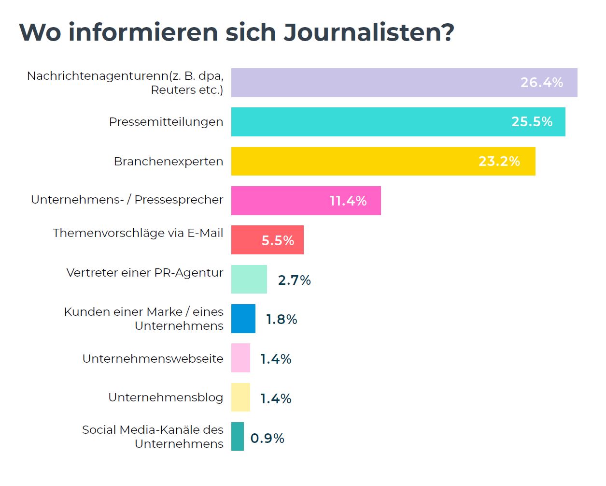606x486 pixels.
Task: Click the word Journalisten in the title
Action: (368, 33)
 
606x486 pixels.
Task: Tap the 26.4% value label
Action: (541, 83)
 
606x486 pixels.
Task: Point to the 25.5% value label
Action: (532, 122)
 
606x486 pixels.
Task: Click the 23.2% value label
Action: (499, 162)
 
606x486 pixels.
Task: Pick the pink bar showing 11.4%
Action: (280, 201)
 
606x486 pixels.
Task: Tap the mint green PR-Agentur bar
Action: (249, 280)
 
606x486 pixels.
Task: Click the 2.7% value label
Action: (294, 280)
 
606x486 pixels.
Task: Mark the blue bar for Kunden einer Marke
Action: (243, 319)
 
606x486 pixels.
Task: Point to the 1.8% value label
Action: (282, 320)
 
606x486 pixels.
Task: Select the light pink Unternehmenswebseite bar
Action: (240, 358)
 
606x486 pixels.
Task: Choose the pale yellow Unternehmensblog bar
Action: (240, 398)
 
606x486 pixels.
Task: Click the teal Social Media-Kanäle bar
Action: (237, 437)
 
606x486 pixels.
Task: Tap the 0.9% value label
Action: (267, 439)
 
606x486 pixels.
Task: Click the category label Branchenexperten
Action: (168, 162)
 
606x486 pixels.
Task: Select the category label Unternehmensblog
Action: (166, 398)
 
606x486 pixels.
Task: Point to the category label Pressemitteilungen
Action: (166, 122)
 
